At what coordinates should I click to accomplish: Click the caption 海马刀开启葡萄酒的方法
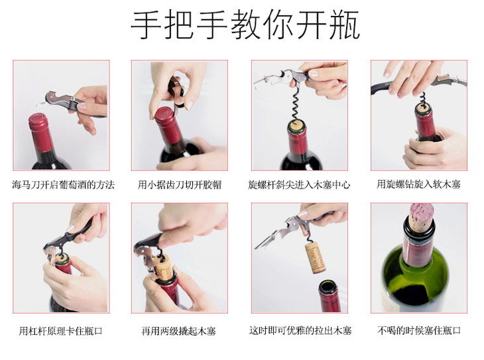(x=63, y=185)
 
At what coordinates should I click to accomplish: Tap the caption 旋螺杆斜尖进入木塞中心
(x=299, y=185)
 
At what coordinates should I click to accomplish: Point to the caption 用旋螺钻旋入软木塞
(x=418, y=184)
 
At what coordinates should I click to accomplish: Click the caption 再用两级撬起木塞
(x=178, y=331)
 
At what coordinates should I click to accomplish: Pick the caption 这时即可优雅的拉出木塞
(x=300, y=330)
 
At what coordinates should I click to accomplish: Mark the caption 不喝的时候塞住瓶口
(x=419, y=330)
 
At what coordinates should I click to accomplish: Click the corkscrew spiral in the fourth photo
(x=422, y=102)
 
